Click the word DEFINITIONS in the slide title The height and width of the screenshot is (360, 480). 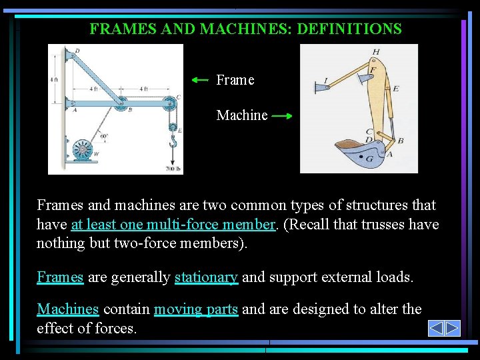coord(349,29)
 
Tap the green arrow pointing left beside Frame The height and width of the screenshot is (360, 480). coord(200,80)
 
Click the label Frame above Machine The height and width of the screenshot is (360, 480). coord(235,80)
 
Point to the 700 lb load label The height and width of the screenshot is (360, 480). coord(173,169)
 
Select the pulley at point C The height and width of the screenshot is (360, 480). coord(170,103)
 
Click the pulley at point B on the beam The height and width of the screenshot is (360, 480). coord(121,103)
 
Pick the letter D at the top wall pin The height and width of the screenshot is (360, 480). coord(77,51)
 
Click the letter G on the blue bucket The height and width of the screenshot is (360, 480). coord(369,159)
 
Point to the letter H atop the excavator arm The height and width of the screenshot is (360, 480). coord(376,51)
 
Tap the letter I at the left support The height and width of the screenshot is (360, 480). coord(325,81)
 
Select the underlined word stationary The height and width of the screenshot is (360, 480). coord(206,277)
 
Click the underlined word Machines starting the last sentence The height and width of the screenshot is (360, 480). coord(68,309)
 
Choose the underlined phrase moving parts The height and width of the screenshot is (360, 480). coord(196,309)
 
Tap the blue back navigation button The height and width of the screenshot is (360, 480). coord(436,329)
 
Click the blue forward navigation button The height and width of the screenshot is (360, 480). coord(453,329)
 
